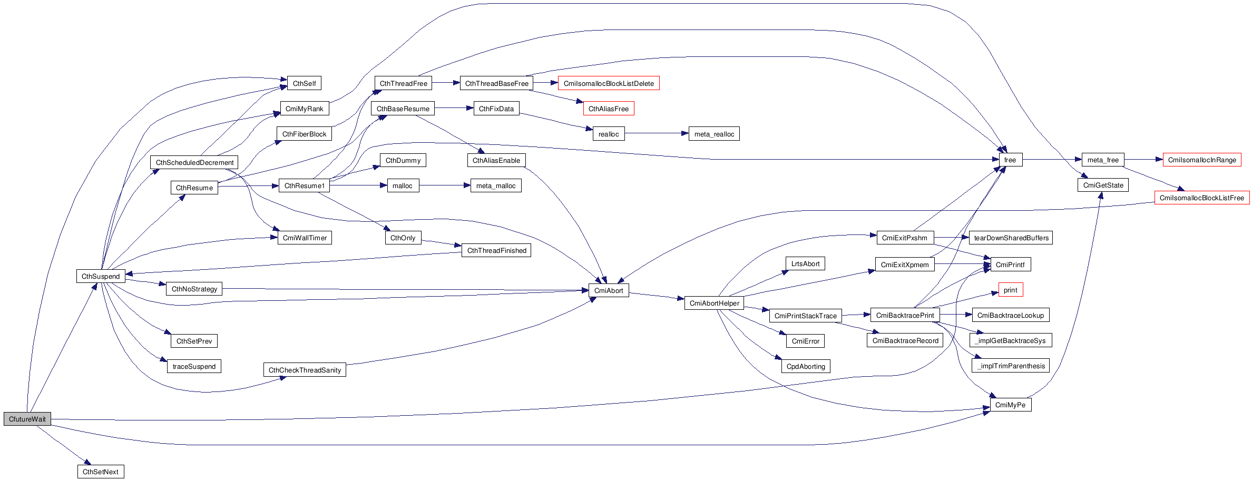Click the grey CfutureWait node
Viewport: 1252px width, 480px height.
(27, 419)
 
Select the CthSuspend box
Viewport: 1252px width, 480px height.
(101, 276)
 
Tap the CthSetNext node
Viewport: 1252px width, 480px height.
(101, 472)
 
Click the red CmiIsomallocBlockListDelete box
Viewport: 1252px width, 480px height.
(608, 83)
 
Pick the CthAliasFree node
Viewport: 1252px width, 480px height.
(608, 109)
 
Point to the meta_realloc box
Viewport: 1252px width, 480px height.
(714, 134)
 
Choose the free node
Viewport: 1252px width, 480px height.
(1010, 160)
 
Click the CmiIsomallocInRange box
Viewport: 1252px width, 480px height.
(1201, 160)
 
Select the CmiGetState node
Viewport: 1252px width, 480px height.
(1103, 185)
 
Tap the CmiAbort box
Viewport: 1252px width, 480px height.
(608, 290)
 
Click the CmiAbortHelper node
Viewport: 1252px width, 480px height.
(714, 303)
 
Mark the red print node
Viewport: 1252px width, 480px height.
(1010, 290)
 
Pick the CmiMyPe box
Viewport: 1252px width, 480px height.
(1010, 405)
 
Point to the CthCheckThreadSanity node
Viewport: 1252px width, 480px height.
(305, 370)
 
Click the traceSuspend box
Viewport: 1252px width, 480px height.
(194, 366)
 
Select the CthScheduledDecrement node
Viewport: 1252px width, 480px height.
(194, 162)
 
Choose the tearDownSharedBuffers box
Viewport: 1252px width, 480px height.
(1011, 238)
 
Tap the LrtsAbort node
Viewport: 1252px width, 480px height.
(805, 263)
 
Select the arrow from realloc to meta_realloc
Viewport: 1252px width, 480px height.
(656, 133)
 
